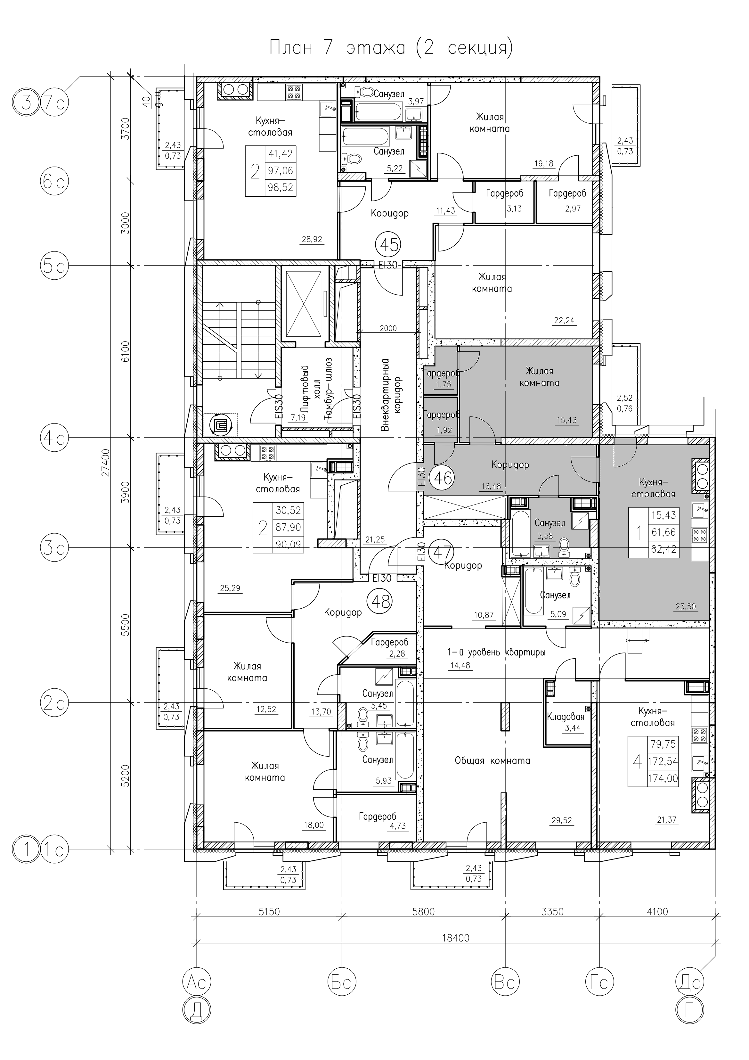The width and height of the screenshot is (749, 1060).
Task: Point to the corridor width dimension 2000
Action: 388,329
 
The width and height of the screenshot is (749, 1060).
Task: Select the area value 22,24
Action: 564,320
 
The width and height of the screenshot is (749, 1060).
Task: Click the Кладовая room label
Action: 566,717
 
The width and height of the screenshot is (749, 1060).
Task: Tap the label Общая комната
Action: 493,760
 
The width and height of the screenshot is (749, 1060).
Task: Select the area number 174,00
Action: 663,778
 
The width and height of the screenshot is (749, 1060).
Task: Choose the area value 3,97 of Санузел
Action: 415,101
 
